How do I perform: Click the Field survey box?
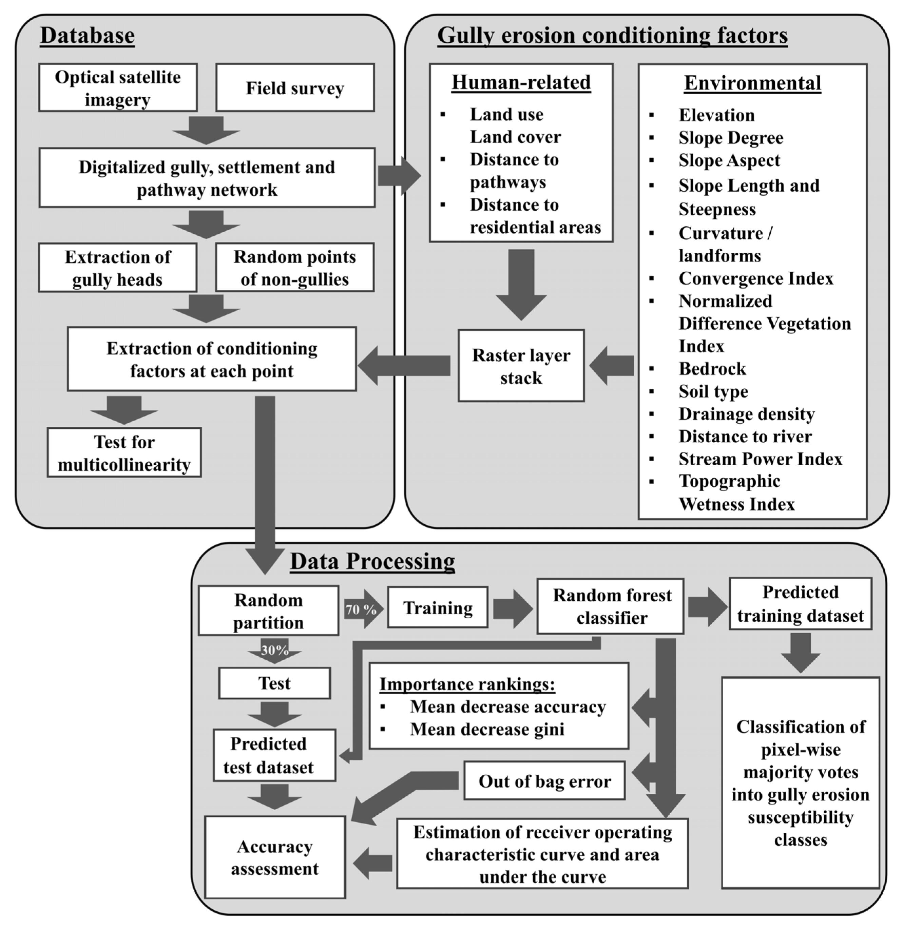pyautogui.click(x=295, y=88)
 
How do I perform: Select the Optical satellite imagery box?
pyautogui.click(x=118, y=88)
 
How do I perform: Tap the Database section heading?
pyautogui.click(x=87, y=36)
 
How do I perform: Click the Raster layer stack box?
pyautogui.click(x=521, y=366)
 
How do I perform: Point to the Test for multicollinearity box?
pyautogui.click(x=124, y=453)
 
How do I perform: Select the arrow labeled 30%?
pyautogui.click(x=274, y=650)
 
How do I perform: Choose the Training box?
pyautogui.click(x=438, y=608)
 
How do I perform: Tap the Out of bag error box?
pyautogui.click(x=544, y=781)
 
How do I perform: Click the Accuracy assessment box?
pyautogui.click(x=275, y=857)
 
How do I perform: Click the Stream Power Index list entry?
pyautogui.click(x=760, y=459)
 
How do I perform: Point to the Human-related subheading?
pyautogui.click(x=521, y=82)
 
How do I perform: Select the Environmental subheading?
pyautogui.click(x=752, y=83)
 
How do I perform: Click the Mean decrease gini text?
pyautogui.click(x=487, y=729)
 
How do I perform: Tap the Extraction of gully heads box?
pyautogui.click(x=118, y=268)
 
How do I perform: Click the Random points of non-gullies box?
pyautogui.click(x=295, y=268)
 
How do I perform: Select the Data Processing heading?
pyautogui.click(x=372, y=561)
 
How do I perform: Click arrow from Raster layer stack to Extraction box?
pyautogui.click(x=406, y=366)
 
